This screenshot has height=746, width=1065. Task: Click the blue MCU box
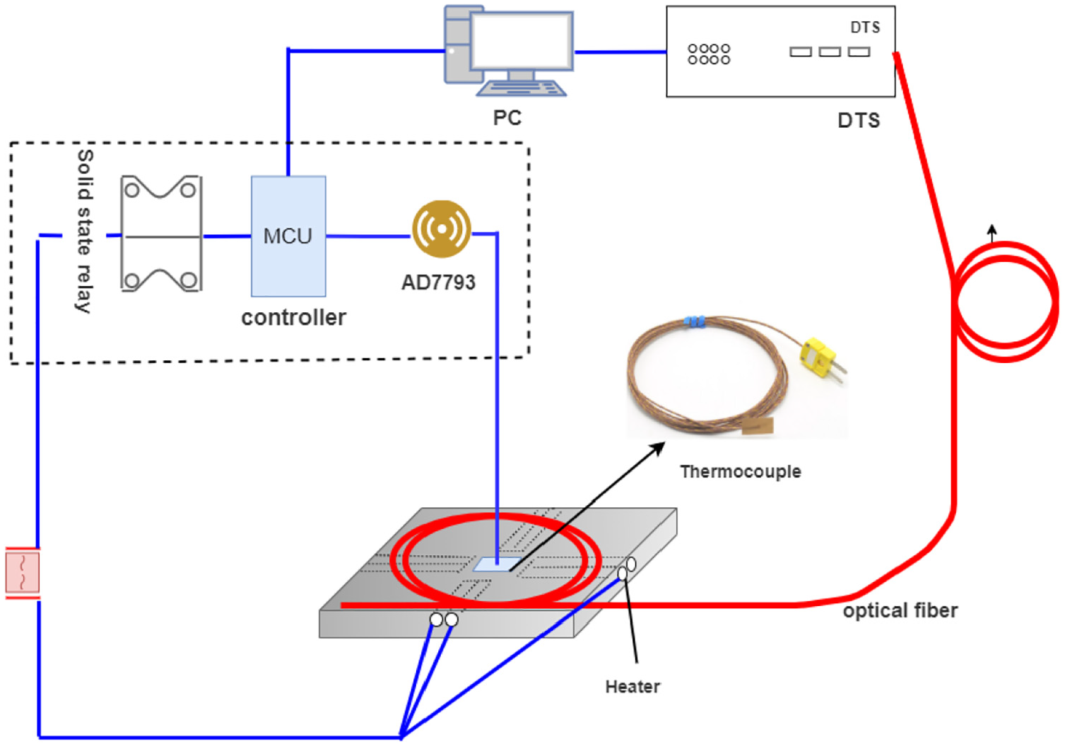288,236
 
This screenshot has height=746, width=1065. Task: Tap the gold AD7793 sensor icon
442,229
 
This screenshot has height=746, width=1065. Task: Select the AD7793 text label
438,283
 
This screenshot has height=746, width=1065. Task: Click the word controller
294,317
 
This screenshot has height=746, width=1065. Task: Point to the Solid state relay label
85,232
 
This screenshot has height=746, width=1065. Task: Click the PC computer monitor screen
522,41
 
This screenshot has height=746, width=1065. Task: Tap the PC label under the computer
507,117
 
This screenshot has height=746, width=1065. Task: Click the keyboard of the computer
521,88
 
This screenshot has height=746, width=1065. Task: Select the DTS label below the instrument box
859,120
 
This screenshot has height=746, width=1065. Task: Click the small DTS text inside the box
865,27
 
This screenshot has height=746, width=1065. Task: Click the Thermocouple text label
740,471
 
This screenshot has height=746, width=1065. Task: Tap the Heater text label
632,687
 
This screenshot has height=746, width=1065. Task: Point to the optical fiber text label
900,611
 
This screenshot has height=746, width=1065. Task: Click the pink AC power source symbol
23,572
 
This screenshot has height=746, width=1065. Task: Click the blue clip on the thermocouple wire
695,321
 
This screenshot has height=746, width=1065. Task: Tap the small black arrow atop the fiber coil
992,233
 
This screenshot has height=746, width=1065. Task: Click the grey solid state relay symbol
162,233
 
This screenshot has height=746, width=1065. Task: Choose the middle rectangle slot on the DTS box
830,52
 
